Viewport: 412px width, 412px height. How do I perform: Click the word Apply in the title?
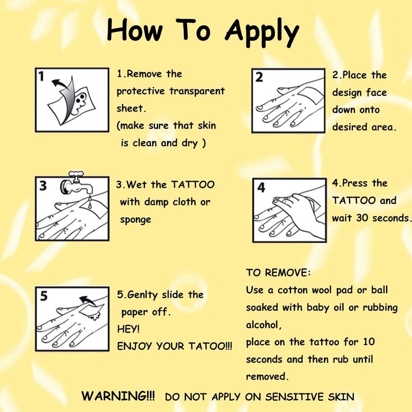click(262, 33)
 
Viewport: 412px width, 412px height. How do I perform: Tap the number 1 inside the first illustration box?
click(41, 76)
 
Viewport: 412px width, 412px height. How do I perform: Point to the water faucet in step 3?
click(77, 183)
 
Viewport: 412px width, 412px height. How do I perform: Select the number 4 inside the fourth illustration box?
click(261, 187)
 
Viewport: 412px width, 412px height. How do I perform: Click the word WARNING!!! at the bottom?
click(118, 396)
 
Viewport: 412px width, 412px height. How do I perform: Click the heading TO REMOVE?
click(278, 273)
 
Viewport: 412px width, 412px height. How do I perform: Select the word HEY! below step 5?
click(128, 329)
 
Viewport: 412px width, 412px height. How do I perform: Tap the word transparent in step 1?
click(197, 91)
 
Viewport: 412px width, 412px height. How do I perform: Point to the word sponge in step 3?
click(135, 220)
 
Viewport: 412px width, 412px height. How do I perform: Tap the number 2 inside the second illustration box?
click(259, 78)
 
